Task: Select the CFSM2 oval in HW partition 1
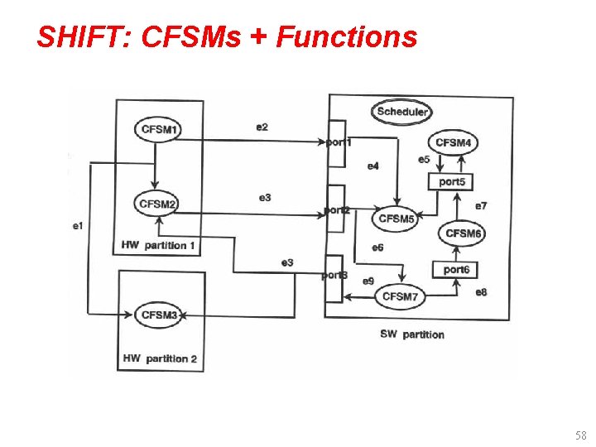[158, 204]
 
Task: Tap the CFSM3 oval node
[160, 315]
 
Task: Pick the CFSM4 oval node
[453, 142]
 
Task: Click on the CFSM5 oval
[397, 219]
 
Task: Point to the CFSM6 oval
[463, 233]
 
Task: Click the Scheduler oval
[401, 112]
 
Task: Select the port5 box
[451, 181]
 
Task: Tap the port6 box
[455, 270]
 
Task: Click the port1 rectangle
[334, 142]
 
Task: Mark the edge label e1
[78, 225]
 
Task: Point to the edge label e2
[262, 127]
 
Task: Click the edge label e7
[481, 205]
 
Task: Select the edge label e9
[368, 281]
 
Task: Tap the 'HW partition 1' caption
[158, 245]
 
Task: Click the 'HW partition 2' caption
[159, 358]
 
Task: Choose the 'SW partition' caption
[412, 334]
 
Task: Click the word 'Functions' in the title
[347, 36]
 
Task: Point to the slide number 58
[579, 435]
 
